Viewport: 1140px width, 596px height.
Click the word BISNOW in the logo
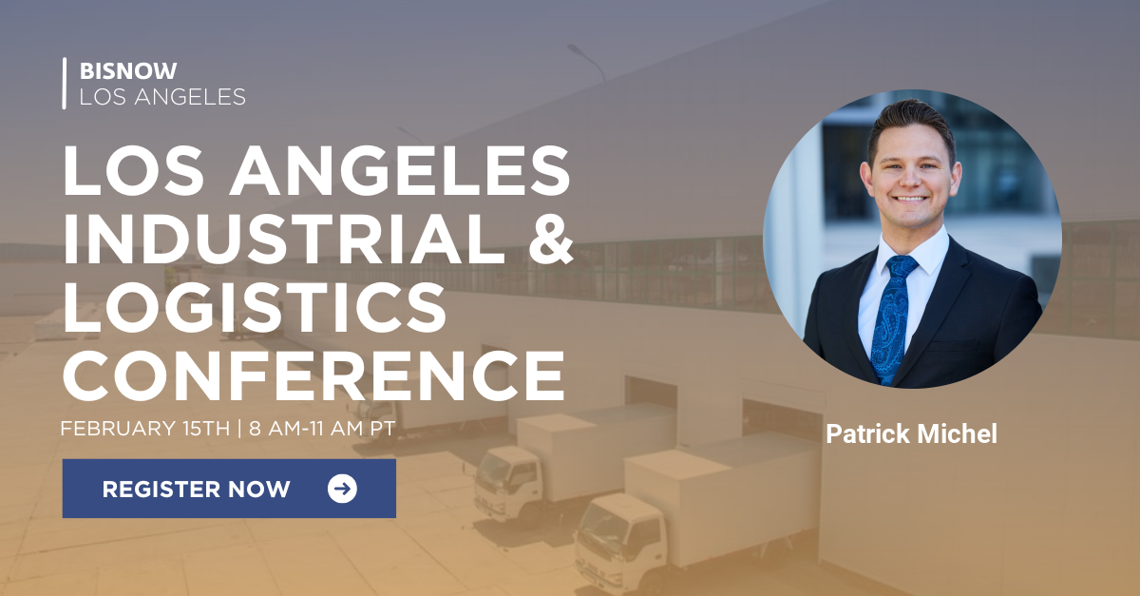pyautogui.click(x=128, y=71)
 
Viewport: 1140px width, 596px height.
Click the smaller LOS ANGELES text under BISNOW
pyautogui.click(x=162, y=96)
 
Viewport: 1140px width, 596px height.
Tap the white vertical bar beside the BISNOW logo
pyautogui.click(x=65, y=83)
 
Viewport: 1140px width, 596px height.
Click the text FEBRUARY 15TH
pyautogui.click(x=145, y=428)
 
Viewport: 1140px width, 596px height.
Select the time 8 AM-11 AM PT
pyautogui.click(x=322, y=428)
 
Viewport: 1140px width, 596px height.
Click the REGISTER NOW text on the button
pyautogui.click(x=196, y=490)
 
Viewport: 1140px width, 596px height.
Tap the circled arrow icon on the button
pyautogui.click(x=342, y=489)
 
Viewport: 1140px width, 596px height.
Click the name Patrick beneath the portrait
pyautogui.click(x=867, y=434)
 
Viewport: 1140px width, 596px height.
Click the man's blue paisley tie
pyautogui.click(x=890, y=314)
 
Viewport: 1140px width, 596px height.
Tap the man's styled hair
pyautogui.click(x=910, y=119)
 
